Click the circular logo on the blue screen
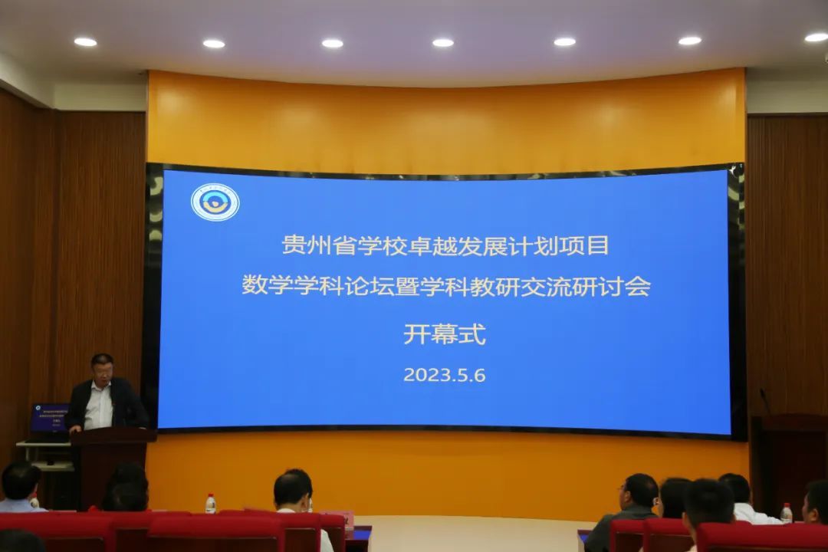click(215, 202)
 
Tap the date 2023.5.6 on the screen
click(445, 376)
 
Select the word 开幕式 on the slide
click(445, 335)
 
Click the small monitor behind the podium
click(49, 419)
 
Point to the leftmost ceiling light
click(85, 41)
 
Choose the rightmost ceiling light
click(816, 37)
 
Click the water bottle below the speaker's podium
click(210, 504)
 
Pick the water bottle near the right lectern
click(786, 512)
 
